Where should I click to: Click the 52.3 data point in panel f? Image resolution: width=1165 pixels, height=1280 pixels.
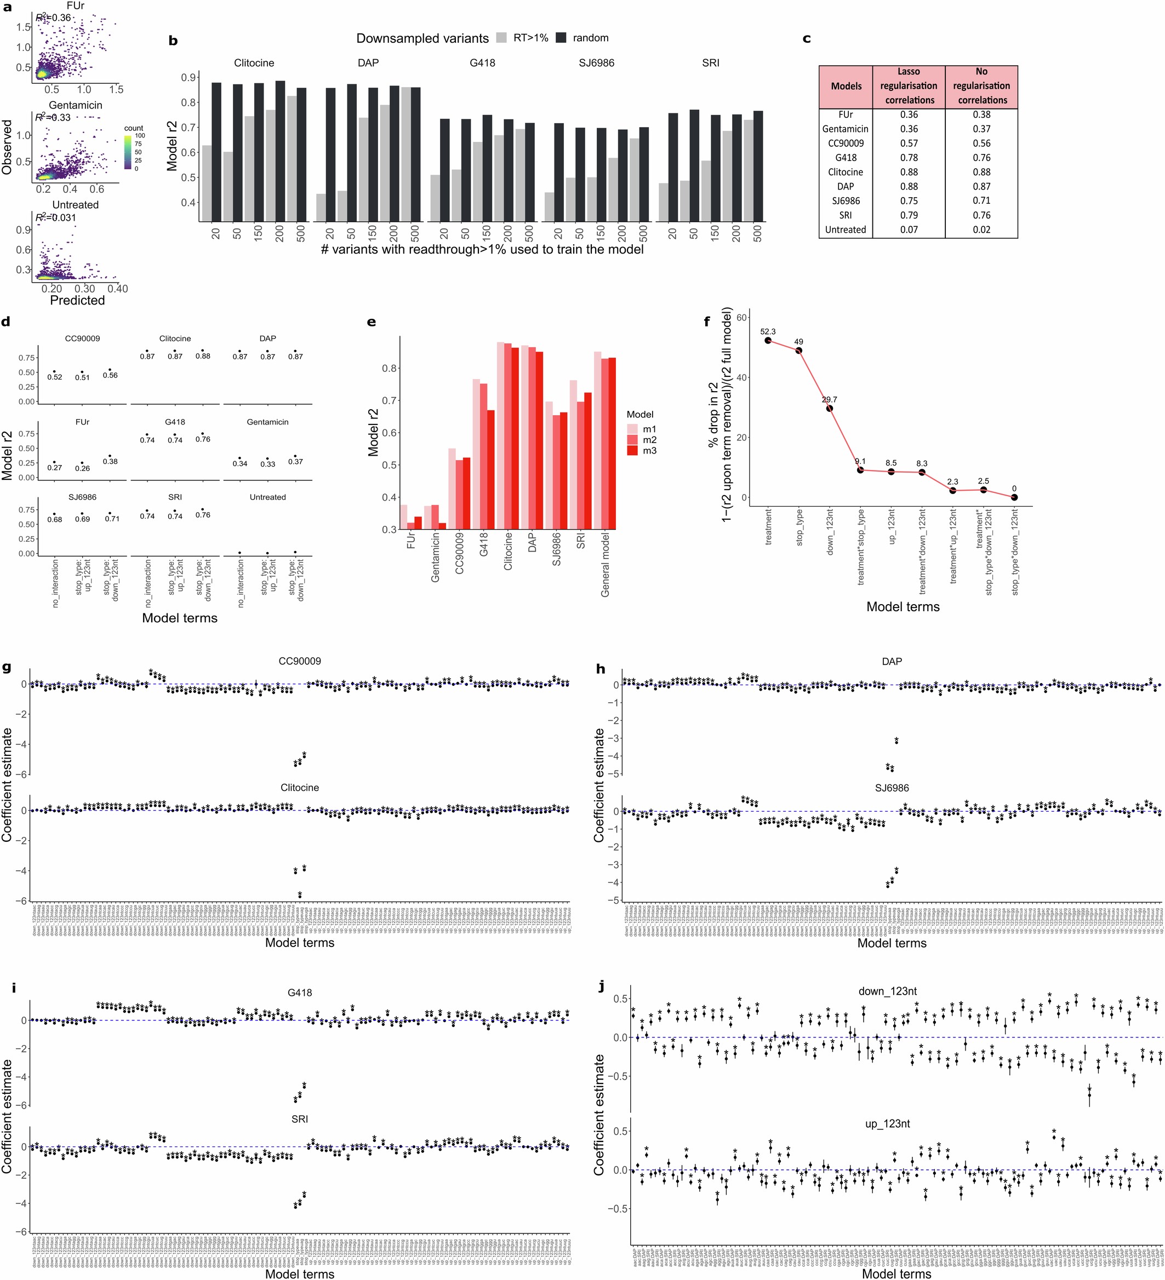click(x=768, y=340)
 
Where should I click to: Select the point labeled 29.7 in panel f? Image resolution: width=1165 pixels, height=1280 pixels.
click(x=830, y=408)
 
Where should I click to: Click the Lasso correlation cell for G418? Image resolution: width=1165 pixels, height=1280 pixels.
click(x=909, y=157)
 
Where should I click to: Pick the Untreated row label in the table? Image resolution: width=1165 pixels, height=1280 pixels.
click(x=846, y=230)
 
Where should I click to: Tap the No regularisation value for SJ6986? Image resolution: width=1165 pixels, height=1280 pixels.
click(x=981, y=200)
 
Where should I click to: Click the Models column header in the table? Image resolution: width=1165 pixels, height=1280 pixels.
click(x=846, y=87)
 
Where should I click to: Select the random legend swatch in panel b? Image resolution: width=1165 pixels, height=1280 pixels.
click(x=562, y=38)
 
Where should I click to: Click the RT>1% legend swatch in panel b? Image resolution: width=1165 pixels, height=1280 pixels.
click(x=502, y=38)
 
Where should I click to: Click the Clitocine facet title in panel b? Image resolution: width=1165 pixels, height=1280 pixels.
click(x=254, y=63)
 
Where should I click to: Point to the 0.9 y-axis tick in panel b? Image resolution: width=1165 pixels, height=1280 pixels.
click(x=189, y=77)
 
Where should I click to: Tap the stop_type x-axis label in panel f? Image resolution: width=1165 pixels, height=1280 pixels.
click(x=799, y=527)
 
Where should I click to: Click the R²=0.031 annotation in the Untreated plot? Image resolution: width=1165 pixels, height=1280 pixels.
click(x=56, y=218)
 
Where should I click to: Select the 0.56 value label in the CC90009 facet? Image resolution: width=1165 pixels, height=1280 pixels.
click(x=111, y=375)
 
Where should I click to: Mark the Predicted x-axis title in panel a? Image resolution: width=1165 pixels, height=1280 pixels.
click(x=77, y=300)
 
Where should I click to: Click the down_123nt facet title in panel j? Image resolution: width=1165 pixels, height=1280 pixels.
click(x=887, y=991)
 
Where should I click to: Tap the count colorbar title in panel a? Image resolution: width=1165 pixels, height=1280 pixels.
click(x=134, y=128)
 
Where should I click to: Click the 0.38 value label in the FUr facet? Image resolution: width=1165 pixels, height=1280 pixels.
click(x=111, y=462)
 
